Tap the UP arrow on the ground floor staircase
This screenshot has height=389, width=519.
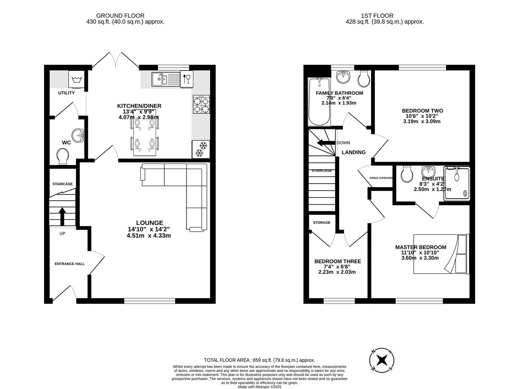62,216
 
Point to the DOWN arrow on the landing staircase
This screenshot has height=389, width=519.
326,143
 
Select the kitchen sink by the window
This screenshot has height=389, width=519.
165,79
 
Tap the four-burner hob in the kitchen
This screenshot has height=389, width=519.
201,104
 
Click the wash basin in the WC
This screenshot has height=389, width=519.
77,136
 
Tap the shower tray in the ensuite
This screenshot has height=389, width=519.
457,183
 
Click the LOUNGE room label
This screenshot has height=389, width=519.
149,223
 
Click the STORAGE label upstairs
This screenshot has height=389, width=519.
321,223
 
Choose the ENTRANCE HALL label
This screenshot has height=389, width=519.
70,264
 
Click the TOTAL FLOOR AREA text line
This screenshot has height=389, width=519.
259,360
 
